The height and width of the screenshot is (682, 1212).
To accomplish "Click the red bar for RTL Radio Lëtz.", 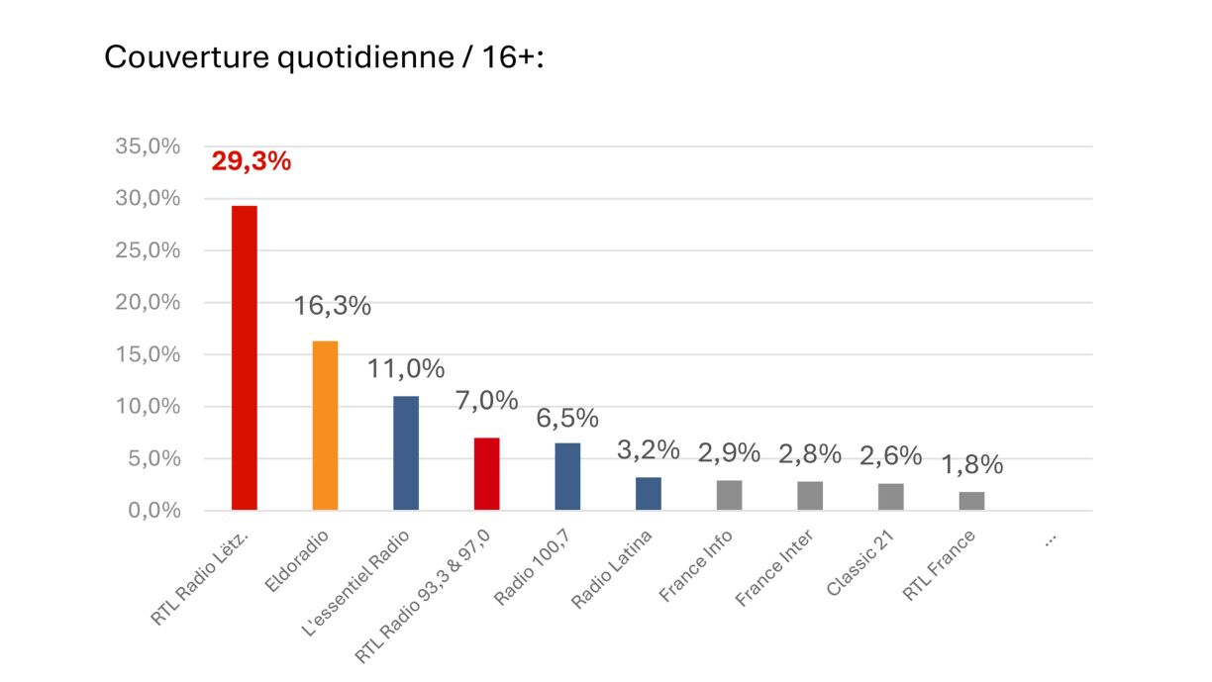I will point(244,358).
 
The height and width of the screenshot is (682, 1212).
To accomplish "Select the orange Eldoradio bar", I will point(325,426).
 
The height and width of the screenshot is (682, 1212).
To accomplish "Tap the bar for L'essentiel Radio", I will point(406,453).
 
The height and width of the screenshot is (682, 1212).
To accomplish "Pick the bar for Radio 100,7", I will point(567,476).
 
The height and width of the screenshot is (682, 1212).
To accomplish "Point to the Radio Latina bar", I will point(649,494).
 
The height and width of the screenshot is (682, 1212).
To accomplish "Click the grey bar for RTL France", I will point(971,501).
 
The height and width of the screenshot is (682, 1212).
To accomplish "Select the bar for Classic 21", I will point(891,497).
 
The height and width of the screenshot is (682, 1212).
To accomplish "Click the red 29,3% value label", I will point(252,162).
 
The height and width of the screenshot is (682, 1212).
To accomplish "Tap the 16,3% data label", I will point(332,307).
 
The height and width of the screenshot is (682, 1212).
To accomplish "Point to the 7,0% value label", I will point(486,401).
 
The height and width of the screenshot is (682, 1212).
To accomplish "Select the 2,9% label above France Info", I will point(729,453).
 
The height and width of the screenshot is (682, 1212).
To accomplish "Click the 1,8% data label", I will point(971,464).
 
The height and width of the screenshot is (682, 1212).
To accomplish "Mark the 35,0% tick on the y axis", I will point(149,146).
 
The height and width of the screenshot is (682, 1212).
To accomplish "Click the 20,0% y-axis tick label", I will point(149,303).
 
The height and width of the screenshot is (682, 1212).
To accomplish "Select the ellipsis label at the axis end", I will point(1051,540).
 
